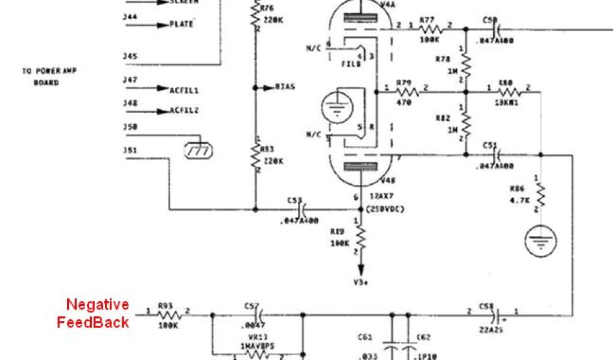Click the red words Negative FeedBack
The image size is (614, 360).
[93, 313]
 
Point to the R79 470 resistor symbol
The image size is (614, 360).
[408, 92]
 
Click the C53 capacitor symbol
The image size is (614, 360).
[303, 209]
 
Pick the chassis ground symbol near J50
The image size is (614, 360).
[198, 150]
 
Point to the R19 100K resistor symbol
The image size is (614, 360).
[360, 236]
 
